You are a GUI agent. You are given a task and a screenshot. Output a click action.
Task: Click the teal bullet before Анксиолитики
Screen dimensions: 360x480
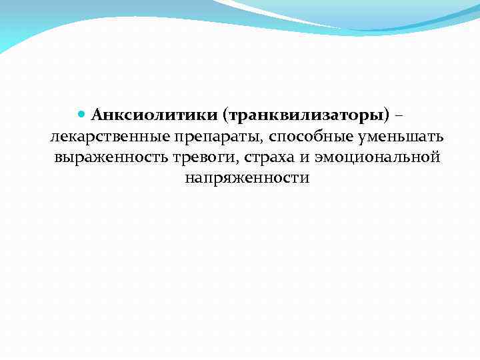(83, 114)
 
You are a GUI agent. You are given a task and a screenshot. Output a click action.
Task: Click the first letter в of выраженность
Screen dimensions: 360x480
(59, 158)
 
